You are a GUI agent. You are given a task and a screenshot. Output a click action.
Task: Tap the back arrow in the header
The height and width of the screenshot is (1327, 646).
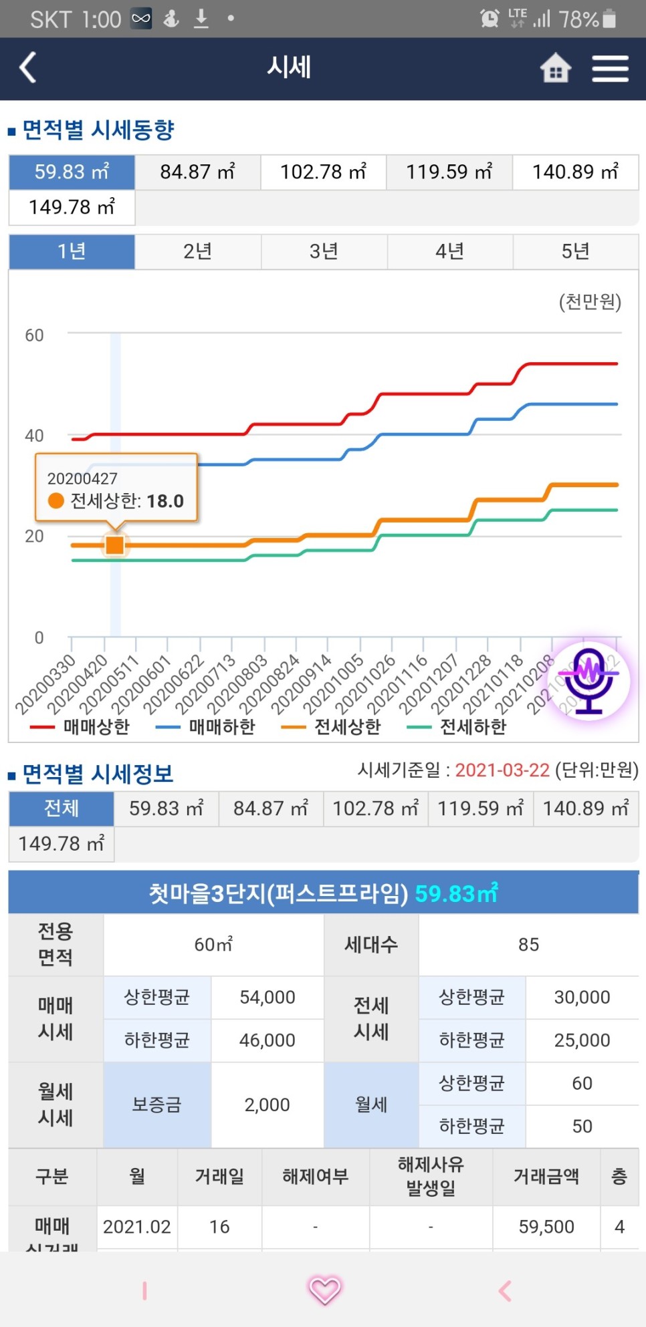point(28,68)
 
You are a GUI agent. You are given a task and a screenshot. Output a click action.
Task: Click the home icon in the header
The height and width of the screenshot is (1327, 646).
point(555,68)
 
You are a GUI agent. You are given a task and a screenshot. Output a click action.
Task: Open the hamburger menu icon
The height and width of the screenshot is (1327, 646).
point(610,68)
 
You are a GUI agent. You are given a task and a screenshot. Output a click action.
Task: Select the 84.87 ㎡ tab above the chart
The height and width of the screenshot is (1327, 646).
point(197,172)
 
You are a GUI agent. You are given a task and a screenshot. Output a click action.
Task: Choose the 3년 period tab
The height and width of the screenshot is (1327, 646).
point(324,251)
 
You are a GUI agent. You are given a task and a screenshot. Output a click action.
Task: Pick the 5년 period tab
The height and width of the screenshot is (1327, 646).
point(575,251)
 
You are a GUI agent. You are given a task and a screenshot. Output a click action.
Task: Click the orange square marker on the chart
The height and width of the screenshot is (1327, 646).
point(115,545)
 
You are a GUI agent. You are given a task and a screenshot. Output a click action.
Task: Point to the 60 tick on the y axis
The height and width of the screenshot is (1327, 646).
point(34,335)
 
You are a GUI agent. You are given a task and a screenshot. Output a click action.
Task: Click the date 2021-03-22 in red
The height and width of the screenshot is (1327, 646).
point(502,770)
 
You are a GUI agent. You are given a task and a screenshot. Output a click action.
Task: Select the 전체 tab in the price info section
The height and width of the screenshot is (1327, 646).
point(61,808)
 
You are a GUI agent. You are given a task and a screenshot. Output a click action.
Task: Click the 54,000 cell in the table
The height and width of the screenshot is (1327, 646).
point(267,998)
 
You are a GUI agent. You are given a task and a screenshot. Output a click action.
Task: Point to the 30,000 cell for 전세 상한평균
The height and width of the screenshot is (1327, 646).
point(582,998)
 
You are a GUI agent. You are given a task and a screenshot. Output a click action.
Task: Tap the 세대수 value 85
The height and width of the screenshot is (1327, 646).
point(528,945)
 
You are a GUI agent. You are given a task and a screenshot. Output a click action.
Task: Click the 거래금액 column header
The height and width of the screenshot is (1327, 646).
point(546,1177)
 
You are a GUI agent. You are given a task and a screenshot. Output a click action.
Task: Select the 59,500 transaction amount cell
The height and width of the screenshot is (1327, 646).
point(546,1227)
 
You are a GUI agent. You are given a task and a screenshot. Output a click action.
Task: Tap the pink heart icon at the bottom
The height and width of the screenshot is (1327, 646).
point(324,1290)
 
